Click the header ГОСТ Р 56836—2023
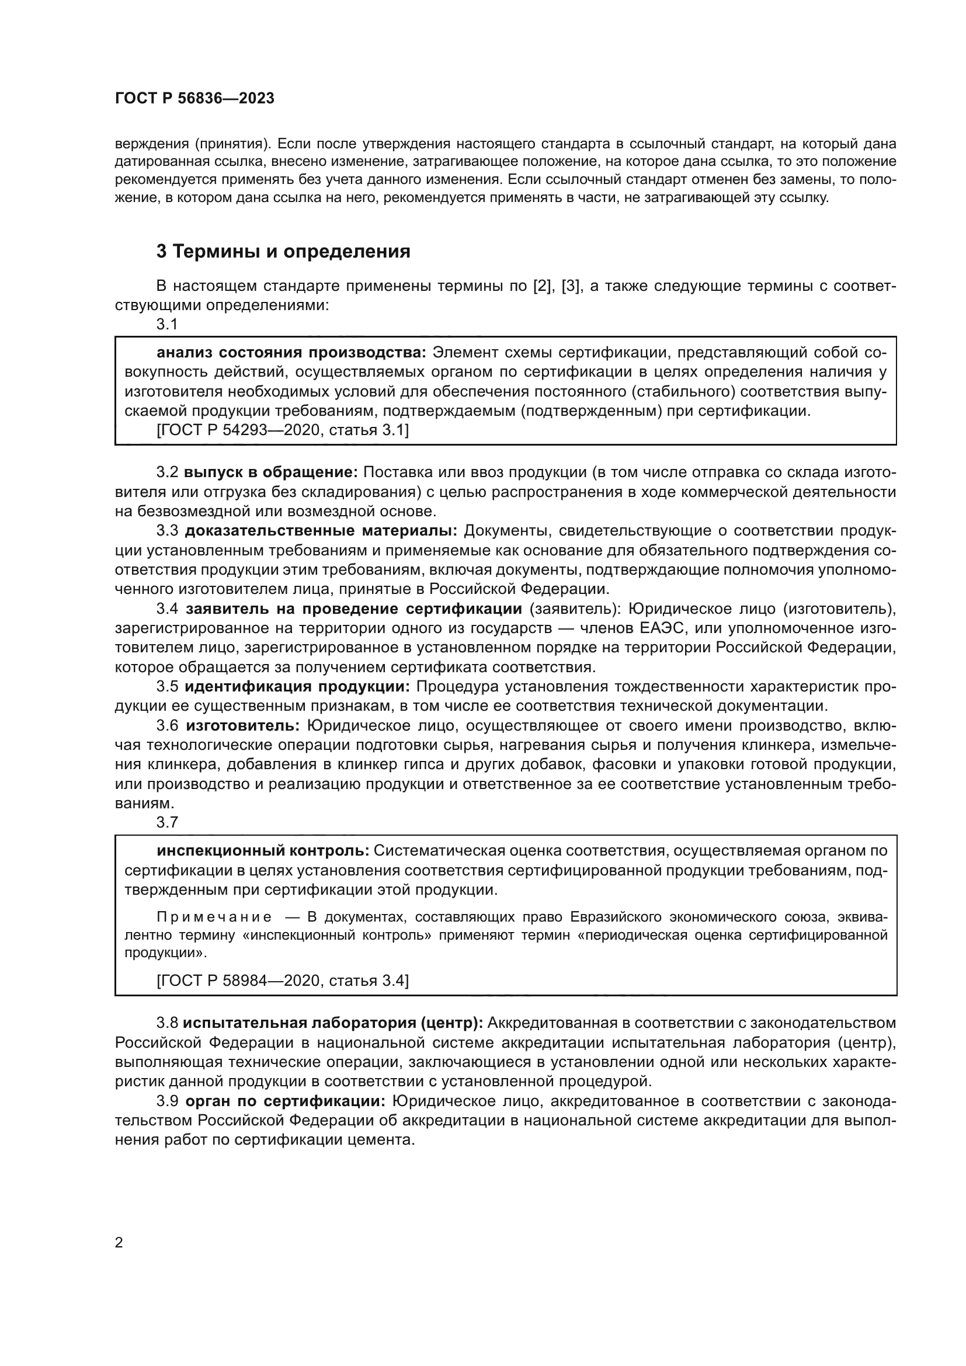(x=194, y=99)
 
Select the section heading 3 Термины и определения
(x=283, y=252)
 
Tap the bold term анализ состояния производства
(x=291, y=352)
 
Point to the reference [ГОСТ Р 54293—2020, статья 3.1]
(x=283, y=430)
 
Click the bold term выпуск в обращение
(x=270, y=472)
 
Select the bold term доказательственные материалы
(x=321, y=530)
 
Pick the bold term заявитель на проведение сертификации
(x=354, y=609)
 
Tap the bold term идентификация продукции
(x=297, y=687)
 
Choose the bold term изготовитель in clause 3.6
(x=242, y=726)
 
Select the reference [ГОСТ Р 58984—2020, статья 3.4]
(x=283, y=981)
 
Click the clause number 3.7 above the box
(x=167, y=822)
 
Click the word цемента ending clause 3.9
(x=382, y=1141)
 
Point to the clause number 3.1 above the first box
(x=167, y=324)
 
